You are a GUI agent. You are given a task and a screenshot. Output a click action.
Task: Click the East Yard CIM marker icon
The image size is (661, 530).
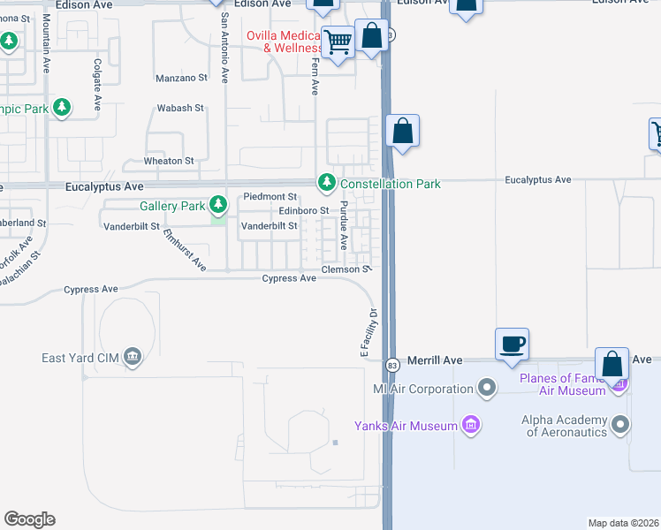click(x=133, y=357)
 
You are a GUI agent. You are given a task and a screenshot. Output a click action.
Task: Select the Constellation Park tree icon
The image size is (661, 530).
click(x=327, y=184)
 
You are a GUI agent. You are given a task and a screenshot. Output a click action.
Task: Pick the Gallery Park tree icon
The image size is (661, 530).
click(x=217, y=206)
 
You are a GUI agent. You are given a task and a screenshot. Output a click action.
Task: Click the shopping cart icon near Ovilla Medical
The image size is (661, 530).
click(x=338, y=41)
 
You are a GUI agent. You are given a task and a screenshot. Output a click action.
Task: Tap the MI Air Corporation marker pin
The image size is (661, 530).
click(x=486, y=388)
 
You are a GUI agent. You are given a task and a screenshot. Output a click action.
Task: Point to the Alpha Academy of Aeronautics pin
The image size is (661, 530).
click(x=620, y=426)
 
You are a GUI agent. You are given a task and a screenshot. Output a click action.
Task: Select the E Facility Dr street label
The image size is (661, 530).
click(x=368, y=332)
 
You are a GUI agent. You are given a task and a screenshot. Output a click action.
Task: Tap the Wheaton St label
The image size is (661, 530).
click(x=169, y=162)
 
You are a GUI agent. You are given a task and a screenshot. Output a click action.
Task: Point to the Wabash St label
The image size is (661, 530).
click(x=180, y=108)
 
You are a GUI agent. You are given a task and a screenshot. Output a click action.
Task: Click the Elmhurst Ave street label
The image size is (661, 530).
click(x=185, y=251)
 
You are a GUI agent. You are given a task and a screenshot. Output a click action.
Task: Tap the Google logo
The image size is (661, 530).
click(x=29, y=519)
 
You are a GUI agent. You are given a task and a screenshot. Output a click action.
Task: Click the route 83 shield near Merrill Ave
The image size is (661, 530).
click(x=391, y=364)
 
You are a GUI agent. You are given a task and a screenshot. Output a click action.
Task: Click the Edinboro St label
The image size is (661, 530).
click(x=303, y=210)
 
